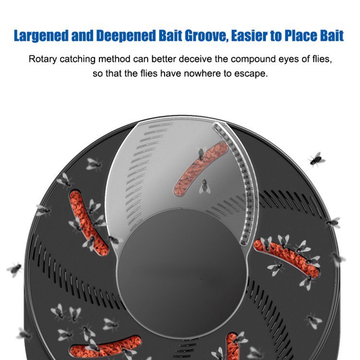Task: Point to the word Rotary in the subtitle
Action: (42, 60)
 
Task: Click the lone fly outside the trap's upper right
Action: (317, 159)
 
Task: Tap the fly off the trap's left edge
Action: (14, 269)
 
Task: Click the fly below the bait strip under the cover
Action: (204, 186)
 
